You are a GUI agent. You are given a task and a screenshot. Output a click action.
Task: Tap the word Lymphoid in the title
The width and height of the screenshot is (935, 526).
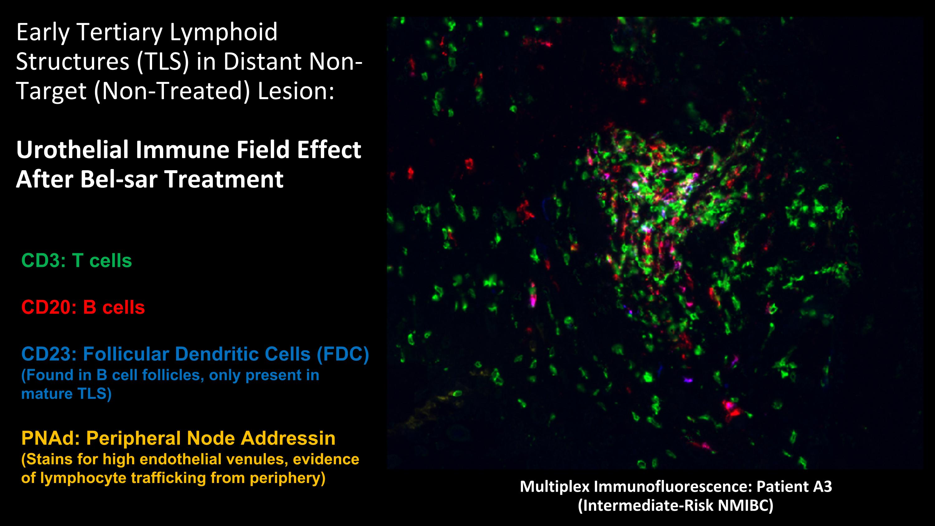pyautogui.click(x=223, y=33)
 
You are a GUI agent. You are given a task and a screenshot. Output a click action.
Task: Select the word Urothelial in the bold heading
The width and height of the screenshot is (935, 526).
pyautogui.click(x=73, y=150)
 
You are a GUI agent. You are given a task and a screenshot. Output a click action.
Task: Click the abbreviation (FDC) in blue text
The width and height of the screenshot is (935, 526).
pyautogui.click(x=343, y=354)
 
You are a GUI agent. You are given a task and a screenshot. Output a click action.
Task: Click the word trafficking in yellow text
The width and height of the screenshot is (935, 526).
pyautogui.click(x=169, y=478)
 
